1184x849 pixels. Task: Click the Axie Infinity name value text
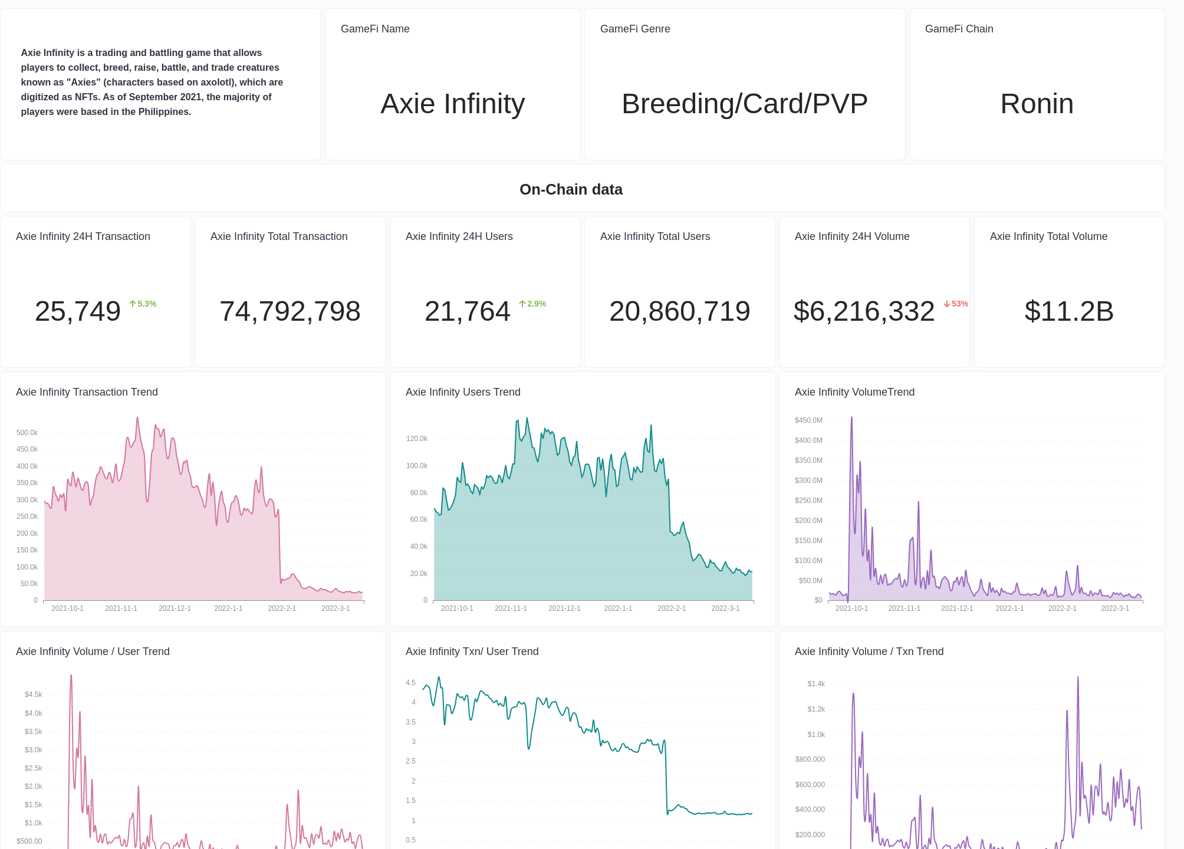click(x=452, y=104)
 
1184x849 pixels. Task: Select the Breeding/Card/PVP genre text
click(x=744, y=104)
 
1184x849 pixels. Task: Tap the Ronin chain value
click(x=1037, y=104)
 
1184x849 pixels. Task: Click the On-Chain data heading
click(x=570, y=189)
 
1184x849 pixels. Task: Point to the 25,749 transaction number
click(x=78, y=311)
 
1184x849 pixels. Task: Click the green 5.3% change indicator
click(x=143, y=304)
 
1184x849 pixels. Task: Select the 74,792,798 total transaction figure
click(x=290, y=311)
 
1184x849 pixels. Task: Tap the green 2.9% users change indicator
click(x=533, y=304)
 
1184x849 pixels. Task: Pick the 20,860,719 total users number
click(x=679, y=311)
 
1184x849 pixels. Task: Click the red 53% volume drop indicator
click(x=956, y=304)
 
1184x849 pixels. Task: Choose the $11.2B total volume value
click(x=1068, y=311)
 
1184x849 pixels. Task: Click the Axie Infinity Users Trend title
click(x=463, y=392)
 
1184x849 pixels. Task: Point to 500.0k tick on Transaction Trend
click(x=27, y=433)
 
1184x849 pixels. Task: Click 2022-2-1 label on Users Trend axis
click(x=672, y=608)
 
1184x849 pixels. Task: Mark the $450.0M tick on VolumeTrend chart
click(x=808, y=420)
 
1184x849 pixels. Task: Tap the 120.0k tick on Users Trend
click(x=417, y=439)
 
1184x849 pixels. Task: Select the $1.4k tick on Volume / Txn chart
click(x=816, y=684)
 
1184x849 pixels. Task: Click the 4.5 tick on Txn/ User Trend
click(x=410, y=683)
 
